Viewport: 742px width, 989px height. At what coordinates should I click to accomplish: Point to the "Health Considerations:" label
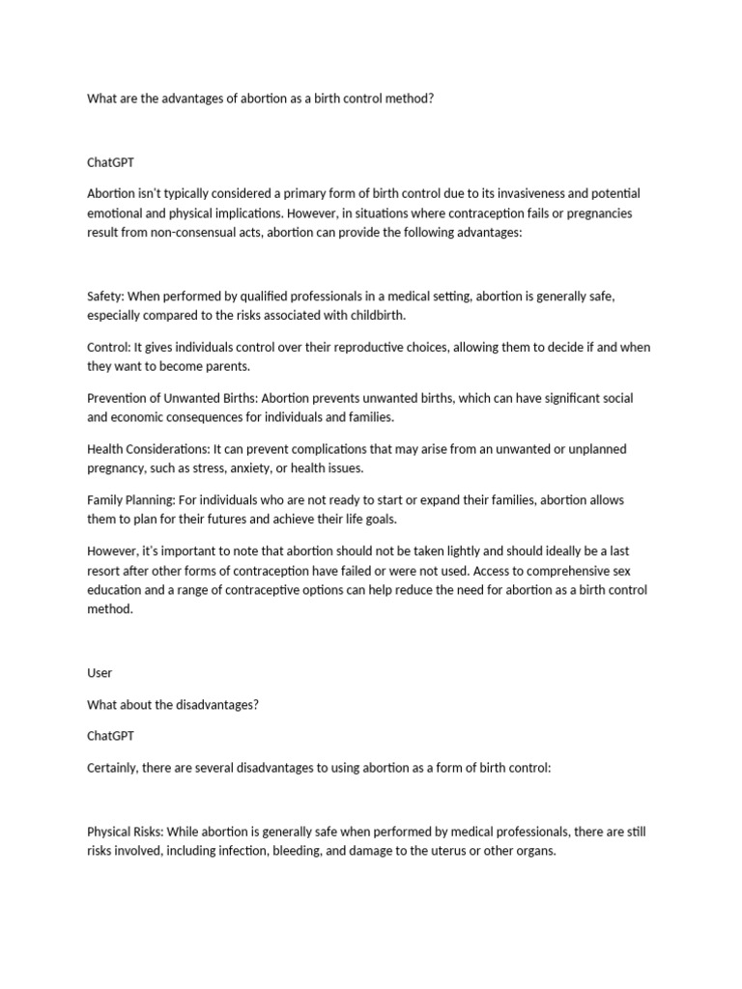(x=146, y=450)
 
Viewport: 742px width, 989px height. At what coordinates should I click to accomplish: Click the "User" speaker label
(x=100, y=672)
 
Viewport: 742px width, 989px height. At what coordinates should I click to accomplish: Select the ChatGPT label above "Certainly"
(x=111, y=736)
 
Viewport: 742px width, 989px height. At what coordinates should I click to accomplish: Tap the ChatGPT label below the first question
(x=111, y=162)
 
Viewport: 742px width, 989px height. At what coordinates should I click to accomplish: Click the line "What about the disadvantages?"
(x=173, y=704)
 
